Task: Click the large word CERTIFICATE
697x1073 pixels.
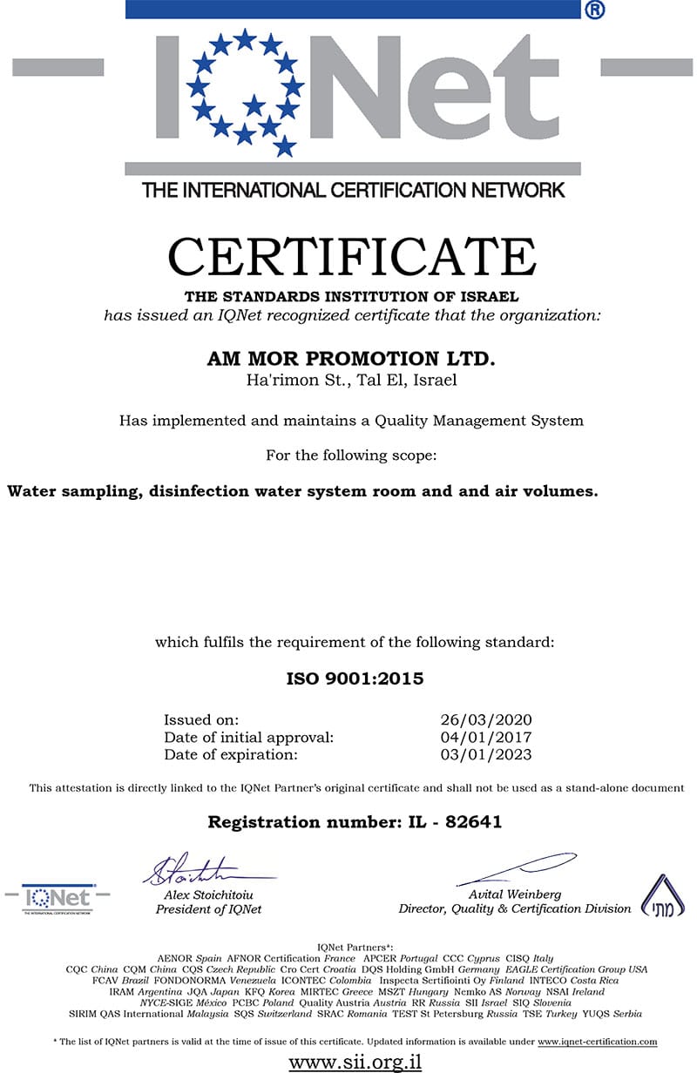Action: (x=351, y=257)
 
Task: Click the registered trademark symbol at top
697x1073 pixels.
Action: (x=594, y=10)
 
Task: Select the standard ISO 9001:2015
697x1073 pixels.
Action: (x=355, y=678)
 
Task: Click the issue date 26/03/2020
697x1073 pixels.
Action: (x=486, y=720)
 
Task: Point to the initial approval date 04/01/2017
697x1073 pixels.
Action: (x=486, y=738)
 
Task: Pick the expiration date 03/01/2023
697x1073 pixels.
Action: (x=486, y=755)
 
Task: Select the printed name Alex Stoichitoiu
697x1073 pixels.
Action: (x=209, y=894)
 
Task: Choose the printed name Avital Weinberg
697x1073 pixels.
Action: (x=515, y=894)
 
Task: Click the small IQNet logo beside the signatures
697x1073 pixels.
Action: (x=58, y=899)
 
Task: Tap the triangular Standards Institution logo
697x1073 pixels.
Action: (x=662, y=895)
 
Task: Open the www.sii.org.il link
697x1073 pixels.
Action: (x=355, y=1062)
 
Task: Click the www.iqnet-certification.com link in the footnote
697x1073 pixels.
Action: (x=597, y=1042)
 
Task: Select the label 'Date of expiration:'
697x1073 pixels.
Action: (x=231, y=755)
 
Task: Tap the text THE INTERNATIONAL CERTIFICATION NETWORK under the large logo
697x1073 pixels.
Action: (x=354, y=190)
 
